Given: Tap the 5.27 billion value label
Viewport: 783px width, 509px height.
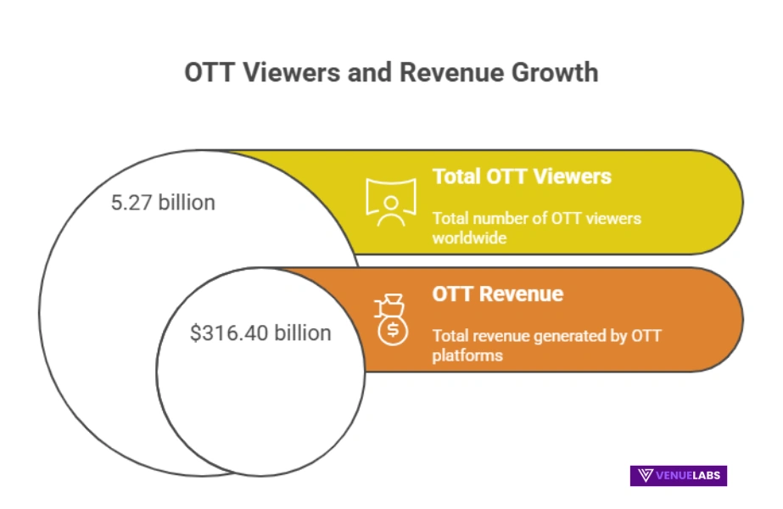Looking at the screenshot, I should [x=163, y=203].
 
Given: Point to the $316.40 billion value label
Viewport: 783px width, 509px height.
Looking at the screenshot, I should [x=260, y=333].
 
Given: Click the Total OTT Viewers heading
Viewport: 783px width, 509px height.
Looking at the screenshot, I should [x=521, y=176].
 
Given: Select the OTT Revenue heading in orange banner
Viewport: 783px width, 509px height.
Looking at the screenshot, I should [x=497, y=294].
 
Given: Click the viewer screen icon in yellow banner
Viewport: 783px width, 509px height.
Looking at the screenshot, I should [x=390, y=202].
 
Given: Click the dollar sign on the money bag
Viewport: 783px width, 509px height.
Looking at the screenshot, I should [x=393, y=330].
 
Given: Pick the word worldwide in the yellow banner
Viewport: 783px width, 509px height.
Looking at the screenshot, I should [x=469, y=238].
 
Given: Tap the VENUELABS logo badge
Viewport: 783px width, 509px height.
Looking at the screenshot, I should [x=678, y=475].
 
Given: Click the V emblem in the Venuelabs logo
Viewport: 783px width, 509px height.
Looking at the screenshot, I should [x=646, y=475].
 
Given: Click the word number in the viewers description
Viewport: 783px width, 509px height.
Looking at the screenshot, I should [x=500, y=219].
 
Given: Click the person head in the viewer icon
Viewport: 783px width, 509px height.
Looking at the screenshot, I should [x=390, y=203].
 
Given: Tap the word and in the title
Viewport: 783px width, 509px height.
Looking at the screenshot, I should [x=367, y=72].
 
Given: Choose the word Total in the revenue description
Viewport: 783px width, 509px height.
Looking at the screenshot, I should [x=450, y=336].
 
